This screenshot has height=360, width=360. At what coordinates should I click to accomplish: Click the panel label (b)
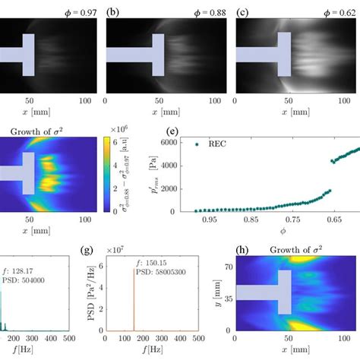coord(112,11)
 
